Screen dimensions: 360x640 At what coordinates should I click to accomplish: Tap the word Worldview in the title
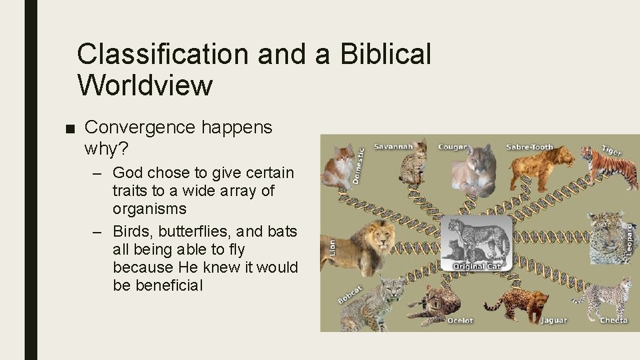pos(145,85)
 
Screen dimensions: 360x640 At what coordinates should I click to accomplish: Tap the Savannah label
pos(393,146)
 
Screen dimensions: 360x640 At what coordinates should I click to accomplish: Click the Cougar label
pos(452,146)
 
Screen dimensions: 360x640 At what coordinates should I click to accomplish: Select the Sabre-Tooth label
pos(529,147)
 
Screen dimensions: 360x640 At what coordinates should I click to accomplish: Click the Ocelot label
pos(459,321)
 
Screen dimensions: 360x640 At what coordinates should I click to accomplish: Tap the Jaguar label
pos(553,321)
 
